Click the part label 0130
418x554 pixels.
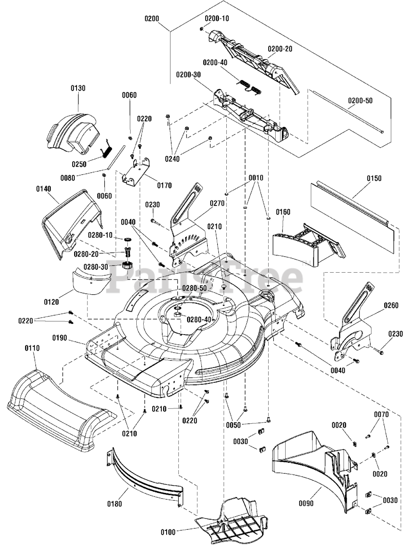78,88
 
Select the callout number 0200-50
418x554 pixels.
360,101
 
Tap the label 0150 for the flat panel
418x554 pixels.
374,178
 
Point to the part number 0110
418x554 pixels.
32,348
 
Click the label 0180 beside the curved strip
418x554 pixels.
115,504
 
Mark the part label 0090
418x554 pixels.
305,503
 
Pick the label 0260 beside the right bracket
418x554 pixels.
391,306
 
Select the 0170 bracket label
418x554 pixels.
164,186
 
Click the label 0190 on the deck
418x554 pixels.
60,338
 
